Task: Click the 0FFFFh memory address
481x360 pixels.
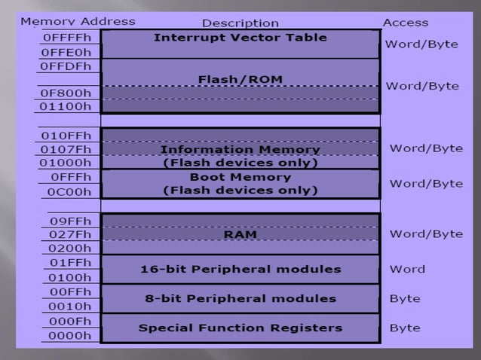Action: tap(67, 37)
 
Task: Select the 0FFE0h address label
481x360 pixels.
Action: tap(67, 53)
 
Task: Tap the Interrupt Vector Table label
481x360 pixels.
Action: tap(240, 37)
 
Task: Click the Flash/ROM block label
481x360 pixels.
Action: tap(240, 78)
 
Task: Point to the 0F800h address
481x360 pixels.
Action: tap(67, 93)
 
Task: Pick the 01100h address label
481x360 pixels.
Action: tap(67, 107)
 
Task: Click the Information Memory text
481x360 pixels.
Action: tap(240, 149)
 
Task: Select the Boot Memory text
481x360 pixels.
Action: tap(240, 177)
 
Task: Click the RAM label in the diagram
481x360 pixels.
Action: tap(240, 234)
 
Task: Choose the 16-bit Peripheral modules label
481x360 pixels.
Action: tap(240, 269)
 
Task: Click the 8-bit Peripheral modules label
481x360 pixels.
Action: tap(240, 298)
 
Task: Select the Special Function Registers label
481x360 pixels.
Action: tap(240, 328)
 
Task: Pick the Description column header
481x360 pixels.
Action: tap(240, 23)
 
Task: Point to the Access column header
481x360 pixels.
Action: tap(405, 23)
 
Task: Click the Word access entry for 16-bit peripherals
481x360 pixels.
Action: tap(407, 269)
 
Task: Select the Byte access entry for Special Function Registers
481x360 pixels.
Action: tap(405, 328)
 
